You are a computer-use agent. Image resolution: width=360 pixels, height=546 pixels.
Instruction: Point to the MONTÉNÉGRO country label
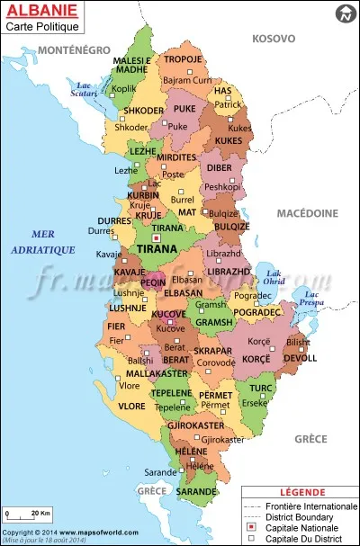(x=75, y=49)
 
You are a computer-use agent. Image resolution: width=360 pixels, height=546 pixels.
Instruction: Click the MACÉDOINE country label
(x=307, y=213)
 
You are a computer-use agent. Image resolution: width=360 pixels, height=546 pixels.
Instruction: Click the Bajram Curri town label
(x=186, y=81)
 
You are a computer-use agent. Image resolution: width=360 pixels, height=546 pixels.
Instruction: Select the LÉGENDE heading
(x=300, y=492)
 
